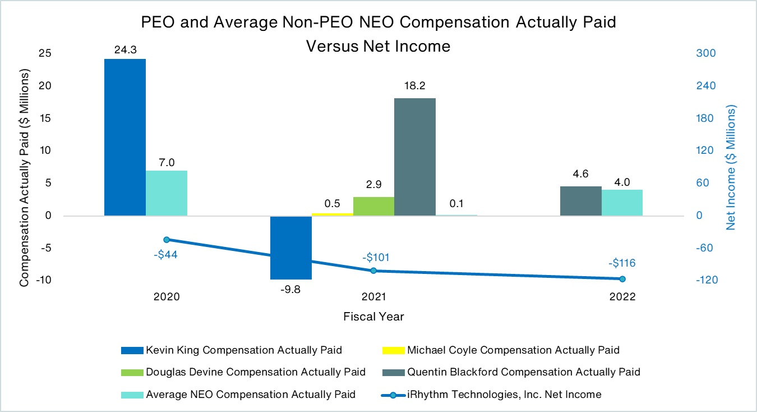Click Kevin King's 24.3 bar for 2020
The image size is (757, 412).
(x=125, y=137)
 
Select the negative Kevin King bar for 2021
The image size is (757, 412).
(x=291, y=248)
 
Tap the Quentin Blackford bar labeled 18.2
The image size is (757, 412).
(x=415, y=157)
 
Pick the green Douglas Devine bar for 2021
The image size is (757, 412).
(x=373, y=206)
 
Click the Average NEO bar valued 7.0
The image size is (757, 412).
(x=167, y=193)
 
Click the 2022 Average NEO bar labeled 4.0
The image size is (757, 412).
(x=622, y=203)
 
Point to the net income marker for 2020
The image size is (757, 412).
(x=167, y=240)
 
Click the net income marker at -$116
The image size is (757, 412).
(x=622, y=279)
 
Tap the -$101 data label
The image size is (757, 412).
(x=375, y=258)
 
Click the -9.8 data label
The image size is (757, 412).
(x=292, y=290)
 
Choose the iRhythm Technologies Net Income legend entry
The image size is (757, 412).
(x=504, y=395)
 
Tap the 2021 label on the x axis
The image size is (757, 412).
(x=373, y=297)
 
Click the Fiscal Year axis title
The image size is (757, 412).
(x=373, y=317)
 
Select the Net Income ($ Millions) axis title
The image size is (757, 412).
(x=731, y=167)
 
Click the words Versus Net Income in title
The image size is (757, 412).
(x=377, y=46)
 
